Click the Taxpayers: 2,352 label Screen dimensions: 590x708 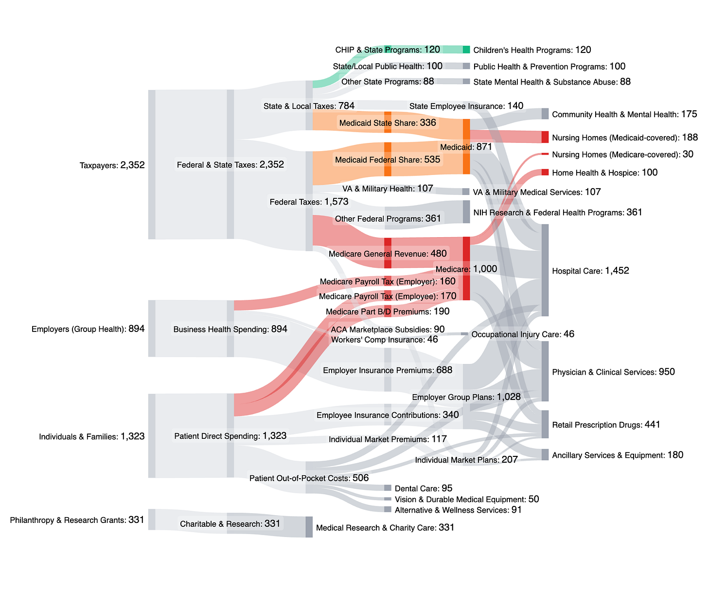click(x=112, y=165)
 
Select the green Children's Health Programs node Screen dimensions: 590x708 click(x=466, y=50)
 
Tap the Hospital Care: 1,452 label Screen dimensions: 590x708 click(x=590, y=271)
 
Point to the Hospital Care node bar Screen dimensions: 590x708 click(x=545, y=270)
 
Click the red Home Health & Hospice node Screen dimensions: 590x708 click(x=545, y=173)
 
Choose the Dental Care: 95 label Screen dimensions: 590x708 click(x=424, y=488)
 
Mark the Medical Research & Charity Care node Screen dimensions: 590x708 click(x=309, y=527)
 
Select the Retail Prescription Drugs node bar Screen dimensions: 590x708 click(x=545, y=424)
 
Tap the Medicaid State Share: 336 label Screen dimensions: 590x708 click(x=388, y=123)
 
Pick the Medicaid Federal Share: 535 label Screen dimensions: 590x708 click(x=388, y=159)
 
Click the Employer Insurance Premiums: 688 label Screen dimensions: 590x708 click(x=388, y=370)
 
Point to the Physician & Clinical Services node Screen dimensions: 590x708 click(x=545, y=371)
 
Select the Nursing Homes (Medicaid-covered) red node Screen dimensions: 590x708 click(x=545, y=137)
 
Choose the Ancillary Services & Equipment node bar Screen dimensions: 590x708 click(x=545, y=455)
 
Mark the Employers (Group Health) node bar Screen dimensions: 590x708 click(x=152, y=329)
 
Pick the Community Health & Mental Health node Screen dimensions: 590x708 click(x=545, y=114)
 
